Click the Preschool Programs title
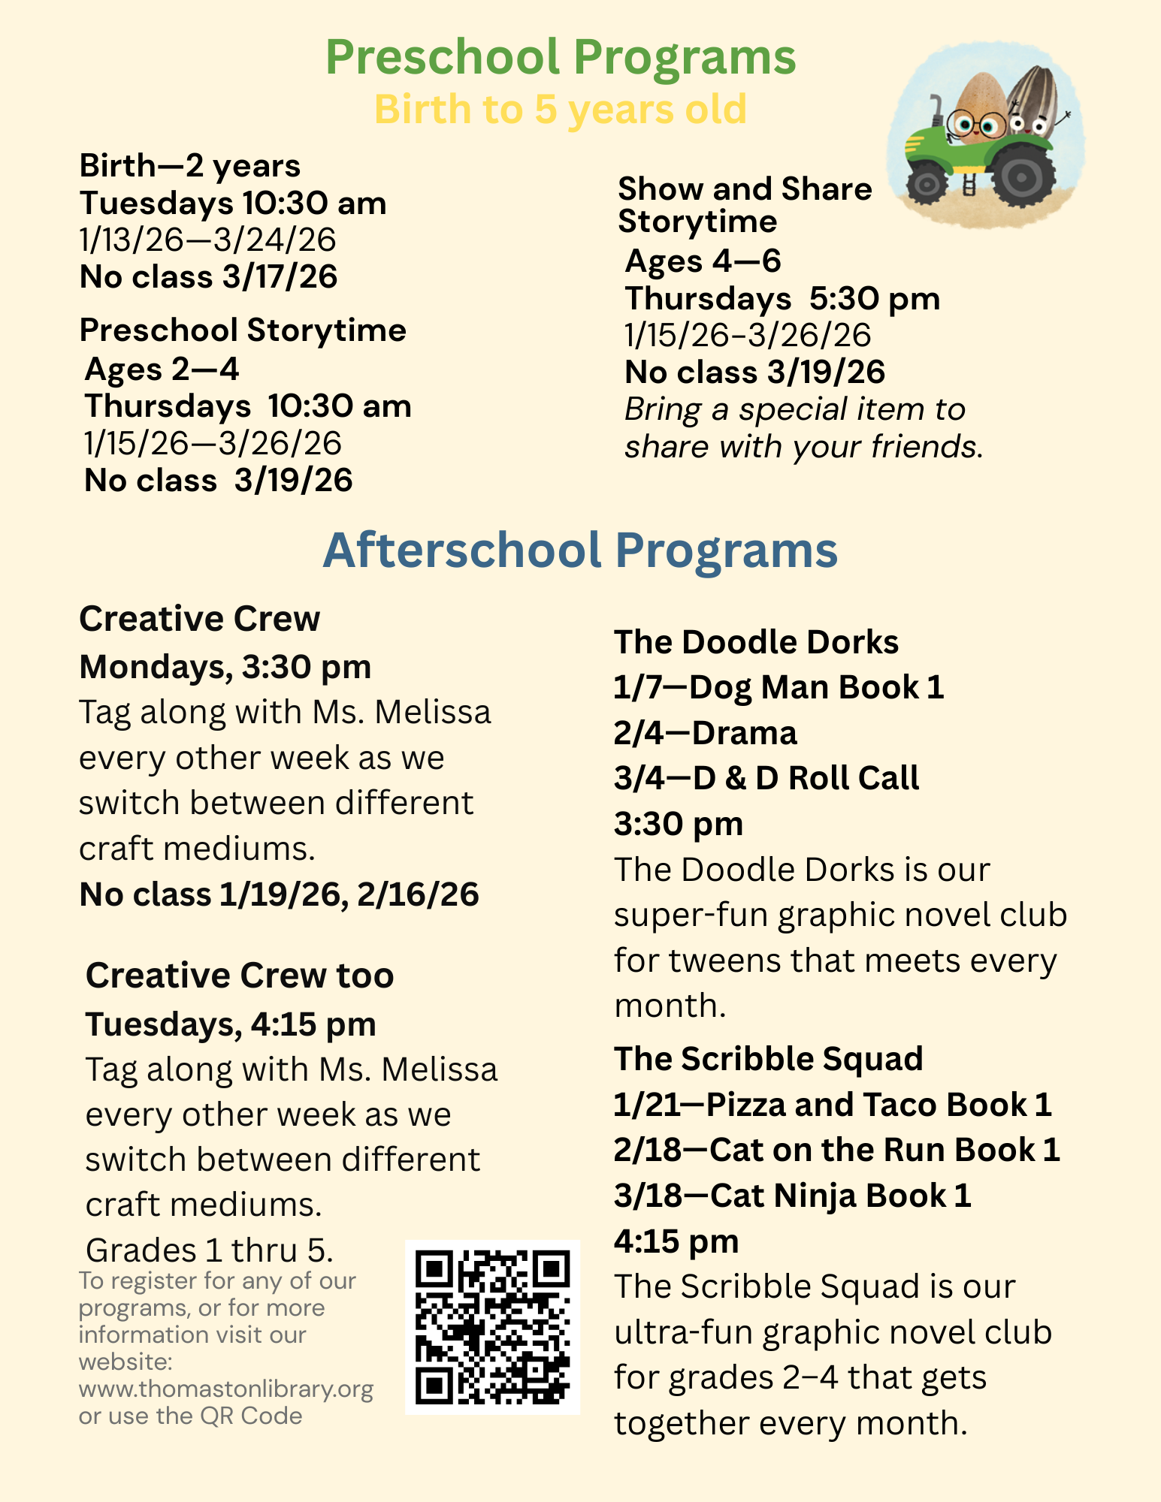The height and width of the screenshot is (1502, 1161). tap(561, 57)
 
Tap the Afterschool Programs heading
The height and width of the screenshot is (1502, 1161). tap(580, 550)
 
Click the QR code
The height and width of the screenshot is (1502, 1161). tap(492, 1327)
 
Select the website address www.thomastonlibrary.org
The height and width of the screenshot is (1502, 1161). tap(225, 1389)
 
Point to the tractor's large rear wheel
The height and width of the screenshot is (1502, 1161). tap(1020, 177)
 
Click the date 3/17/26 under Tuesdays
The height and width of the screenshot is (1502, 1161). tap(280, 277)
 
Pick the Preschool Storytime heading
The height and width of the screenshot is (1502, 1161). tap(243, 330)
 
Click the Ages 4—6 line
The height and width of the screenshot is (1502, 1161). tap(703, 261)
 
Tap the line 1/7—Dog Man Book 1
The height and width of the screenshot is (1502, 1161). tap(779, 687)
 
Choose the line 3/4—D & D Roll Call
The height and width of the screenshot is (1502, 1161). tap(766, 778)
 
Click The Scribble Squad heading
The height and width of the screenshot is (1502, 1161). tap(768, 1059)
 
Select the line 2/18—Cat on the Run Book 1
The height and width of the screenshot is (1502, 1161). tap(836, 1150)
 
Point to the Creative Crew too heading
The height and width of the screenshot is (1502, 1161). tap(240, 976)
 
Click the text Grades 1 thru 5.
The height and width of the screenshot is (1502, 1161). tap(210, 1250)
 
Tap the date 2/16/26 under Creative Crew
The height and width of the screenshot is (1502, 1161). tap(418, 894)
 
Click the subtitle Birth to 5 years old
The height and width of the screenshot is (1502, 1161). tap(561, 110)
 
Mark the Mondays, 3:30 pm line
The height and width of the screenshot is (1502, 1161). tap(225, 667)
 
